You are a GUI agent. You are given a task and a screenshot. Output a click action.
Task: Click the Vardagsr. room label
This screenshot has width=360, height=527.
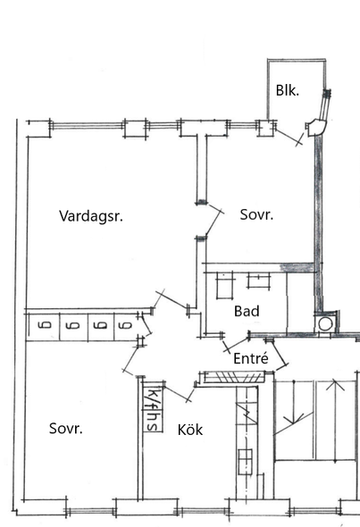(x=91, y=216)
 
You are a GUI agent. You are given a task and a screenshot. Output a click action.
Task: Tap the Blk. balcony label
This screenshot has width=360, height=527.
(x=288, y=90)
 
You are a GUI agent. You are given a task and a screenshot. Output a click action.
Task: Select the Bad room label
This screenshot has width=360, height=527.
(x=247, y=311)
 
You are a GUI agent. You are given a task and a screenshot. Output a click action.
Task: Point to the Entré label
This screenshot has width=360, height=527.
(x=251, y=358)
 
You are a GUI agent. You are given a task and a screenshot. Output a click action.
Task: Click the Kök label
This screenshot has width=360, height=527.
(x=190, y=430)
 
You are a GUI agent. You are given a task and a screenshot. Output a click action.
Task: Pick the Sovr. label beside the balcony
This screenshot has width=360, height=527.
(x=256, y=214)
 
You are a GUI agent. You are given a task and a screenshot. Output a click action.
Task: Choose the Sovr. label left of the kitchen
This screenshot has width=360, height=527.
(x=66, y=428)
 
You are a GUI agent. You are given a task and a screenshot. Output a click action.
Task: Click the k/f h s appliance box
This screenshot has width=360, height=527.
(x=153, y=406)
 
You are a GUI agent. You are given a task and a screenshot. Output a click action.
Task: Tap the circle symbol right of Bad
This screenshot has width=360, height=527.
(x=325, y=324)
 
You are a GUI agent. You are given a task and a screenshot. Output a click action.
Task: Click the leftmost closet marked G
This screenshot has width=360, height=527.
(x=44, y=326)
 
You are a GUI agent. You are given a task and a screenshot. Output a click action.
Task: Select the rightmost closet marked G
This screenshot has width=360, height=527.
(x=126, y=326)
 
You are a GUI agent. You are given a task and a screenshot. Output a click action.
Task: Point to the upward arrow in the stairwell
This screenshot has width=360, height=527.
(x=335, y=421)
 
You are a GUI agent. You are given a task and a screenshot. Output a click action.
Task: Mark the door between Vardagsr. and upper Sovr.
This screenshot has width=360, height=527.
(x=213, y=222)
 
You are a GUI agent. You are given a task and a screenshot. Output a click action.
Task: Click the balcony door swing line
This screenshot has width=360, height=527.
(x=289, y=138)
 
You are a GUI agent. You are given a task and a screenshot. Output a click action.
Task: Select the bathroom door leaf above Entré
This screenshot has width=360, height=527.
(x=237, y=344)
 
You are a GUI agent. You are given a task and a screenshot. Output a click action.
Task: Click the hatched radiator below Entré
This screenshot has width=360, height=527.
(x=234, y=378)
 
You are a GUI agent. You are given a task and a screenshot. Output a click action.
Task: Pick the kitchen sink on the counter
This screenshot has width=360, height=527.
(x=245, y=461)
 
